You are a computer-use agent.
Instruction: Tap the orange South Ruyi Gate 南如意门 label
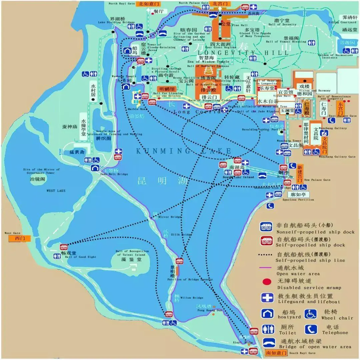coord(276,352)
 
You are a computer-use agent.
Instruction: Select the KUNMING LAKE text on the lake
coord(183,151)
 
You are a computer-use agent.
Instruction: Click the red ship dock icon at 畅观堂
coord(64,247)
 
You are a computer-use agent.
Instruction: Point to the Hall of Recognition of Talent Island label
coord(132,253)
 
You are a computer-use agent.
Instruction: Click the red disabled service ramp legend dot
coord(267,282)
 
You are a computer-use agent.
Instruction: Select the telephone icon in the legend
coord(311,329)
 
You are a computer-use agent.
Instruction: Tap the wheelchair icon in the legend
coord(311,314)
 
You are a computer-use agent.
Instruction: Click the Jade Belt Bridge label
coord(113,174)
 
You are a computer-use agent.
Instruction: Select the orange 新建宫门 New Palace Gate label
coord(300,173)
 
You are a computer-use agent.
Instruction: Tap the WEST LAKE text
coord(56,191)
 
